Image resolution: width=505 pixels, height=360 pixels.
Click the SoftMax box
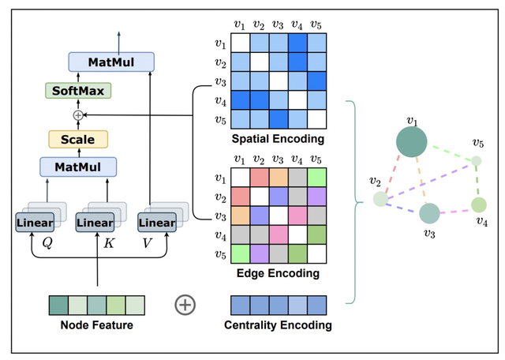(x=77, y=91)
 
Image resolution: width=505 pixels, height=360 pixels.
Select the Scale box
(x=77, y=140)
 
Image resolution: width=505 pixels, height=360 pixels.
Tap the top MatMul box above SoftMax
(x=110, y=61)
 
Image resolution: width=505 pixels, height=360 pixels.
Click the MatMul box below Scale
(x=77, y=167)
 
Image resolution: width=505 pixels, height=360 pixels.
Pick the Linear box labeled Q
(x=33, y=223)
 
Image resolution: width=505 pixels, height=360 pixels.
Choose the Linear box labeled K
(x=95, y=223)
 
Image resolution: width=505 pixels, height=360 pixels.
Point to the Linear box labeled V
(x=156, y=223)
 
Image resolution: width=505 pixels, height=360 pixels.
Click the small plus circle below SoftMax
(x=77, y=115)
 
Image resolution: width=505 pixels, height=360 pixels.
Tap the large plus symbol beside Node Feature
(x=185, y=305)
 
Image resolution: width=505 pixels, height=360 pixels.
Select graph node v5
(x=476, y=162)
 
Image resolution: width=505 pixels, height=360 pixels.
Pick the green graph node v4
(x=479, y=205)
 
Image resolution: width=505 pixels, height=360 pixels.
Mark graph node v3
(x=428, y=213)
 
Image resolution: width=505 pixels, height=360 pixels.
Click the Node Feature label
(x=96, y=324)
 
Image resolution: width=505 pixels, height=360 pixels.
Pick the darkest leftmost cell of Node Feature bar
(x=58, y=305)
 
